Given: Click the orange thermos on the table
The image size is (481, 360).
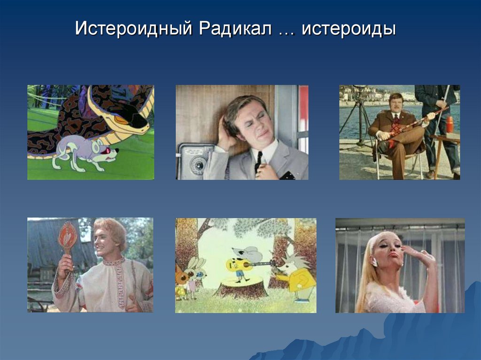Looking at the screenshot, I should (x=450, y=124).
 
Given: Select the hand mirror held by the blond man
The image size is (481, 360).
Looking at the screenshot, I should (x=68, y=237).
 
